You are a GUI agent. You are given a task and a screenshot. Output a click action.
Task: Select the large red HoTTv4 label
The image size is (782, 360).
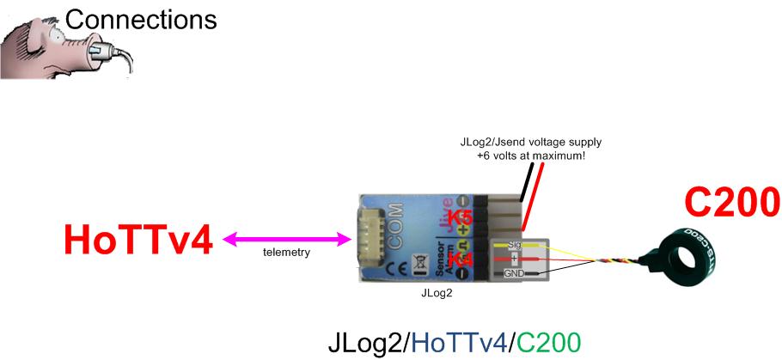click(137, 239)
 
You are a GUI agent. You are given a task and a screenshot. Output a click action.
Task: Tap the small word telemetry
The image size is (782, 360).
click(286, 254)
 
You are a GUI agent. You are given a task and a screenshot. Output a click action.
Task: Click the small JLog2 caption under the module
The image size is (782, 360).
click(439, 292)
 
